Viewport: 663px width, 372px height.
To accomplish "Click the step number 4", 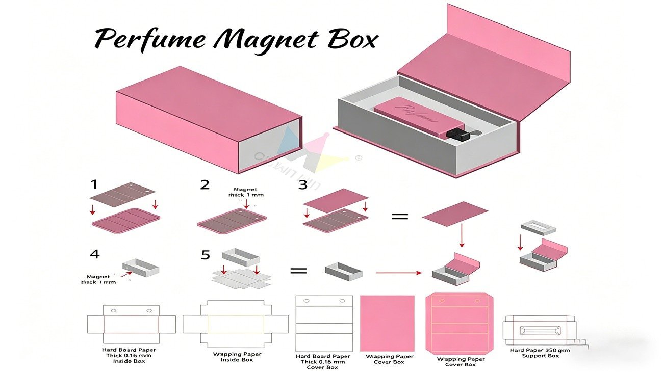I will [94, 254].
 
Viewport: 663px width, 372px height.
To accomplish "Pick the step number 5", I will [205, 255].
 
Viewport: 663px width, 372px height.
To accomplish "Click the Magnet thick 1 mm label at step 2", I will [248, 192].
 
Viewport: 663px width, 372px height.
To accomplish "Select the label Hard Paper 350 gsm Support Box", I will [540, 353].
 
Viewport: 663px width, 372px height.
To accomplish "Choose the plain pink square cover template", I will [387, 323].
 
